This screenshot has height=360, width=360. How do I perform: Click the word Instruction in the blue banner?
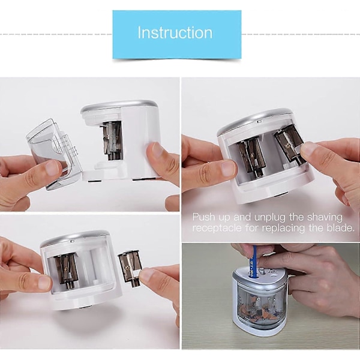click(175, 33)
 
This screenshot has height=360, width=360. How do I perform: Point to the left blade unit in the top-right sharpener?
click(251, 157)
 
